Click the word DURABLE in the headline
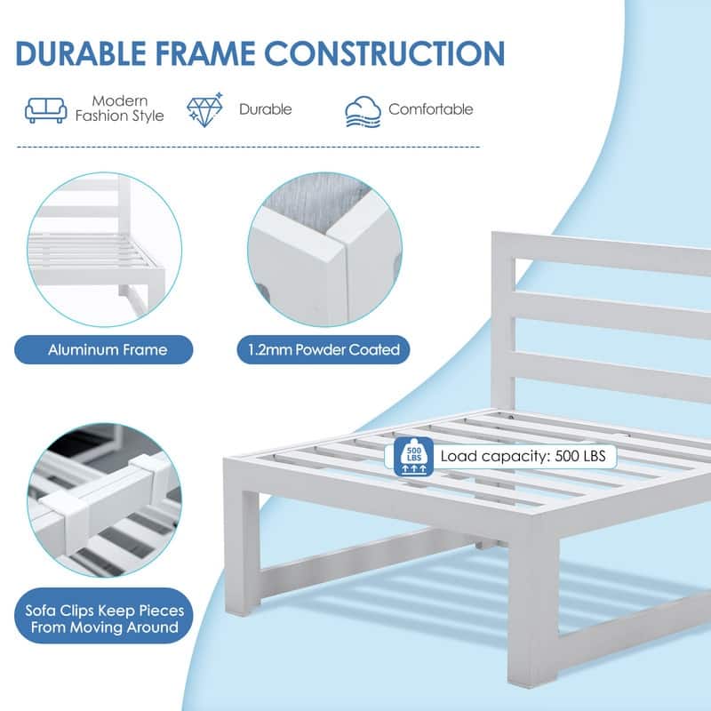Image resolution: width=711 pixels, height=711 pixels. [81, 53]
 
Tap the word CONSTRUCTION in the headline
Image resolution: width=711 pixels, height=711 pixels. [385, 53]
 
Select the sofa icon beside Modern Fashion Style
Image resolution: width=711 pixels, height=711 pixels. [46, 109]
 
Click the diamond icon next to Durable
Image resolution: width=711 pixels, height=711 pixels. [205, 109]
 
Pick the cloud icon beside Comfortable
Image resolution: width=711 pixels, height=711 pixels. [363, 112]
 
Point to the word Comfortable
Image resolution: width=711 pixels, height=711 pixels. [431, 109]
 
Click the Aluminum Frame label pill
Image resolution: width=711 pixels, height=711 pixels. [104, 349]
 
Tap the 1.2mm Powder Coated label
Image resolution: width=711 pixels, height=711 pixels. [324, 349]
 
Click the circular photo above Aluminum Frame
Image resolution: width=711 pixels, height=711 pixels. [104, 250]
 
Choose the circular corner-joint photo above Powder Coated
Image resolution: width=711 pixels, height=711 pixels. [324, 249]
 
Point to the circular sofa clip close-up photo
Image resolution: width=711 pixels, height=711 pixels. [105, 500]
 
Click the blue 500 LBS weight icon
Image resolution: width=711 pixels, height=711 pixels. [413, 457]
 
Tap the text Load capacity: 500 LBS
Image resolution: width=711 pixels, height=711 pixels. [523, 456]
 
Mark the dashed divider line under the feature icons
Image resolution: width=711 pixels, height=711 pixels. [248, 147]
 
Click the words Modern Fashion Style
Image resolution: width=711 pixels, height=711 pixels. [119, 108]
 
